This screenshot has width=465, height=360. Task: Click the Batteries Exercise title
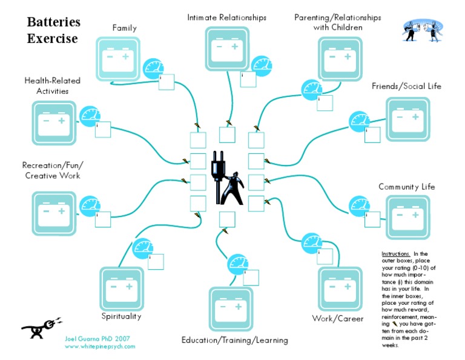point(53,30)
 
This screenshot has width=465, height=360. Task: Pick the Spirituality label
point(121,316)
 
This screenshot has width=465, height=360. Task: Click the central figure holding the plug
point(227,179)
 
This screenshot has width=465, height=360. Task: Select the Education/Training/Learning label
point(234,340)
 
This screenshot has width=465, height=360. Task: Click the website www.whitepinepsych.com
point(100,346)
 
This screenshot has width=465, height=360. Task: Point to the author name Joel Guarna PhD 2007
point(97,338)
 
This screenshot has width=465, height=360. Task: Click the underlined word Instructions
point(396,254)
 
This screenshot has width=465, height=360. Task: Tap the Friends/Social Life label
point(406,86)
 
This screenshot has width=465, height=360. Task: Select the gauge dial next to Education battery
point(237,265)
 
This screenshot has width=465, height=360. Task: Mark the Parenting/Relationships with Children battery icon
point(339,59)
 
